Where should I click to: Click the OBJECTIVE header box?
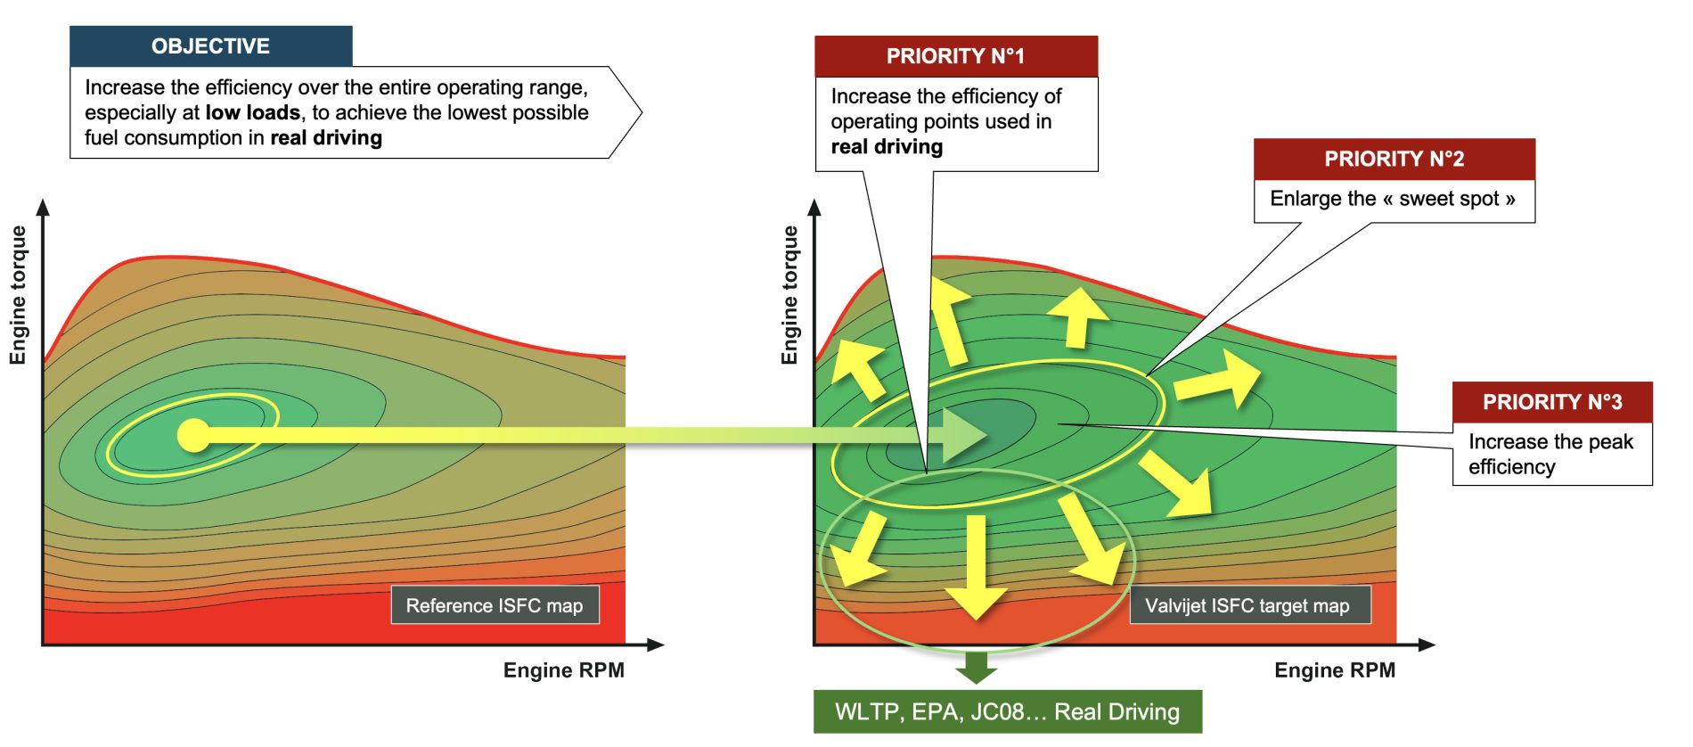[211, 46]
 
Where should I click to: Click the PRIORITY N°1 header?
[955, 56]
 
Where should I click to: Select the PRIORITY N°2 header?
[1394, 159]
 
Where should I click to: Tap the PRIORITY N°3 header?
[1551, 402]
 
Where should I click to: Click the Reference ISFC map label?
[495, 605]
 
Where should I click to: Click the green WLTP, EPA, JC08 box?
[1007, 711]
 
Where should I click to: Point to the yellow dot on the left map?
[193, 435]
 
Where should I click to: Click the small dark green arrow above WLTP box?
[977, 667]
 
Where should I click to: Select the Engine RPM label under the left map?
[563, 670]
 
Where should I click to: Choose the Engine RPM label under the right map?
[1334, 670]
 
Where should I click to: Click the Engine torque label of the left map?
[18, 294]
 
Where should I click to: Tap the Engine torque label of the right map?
[789, 294]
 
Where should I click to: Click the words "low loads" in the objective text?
[252, 113]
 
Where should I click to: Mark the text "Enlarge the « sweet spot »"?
[1392, 199]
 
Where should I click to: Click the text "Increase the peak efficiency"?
[1550, 454]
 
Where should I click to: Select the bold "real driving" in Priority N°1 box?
[887, 147]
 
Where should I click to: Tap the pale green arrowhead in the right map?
[962, 435]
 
